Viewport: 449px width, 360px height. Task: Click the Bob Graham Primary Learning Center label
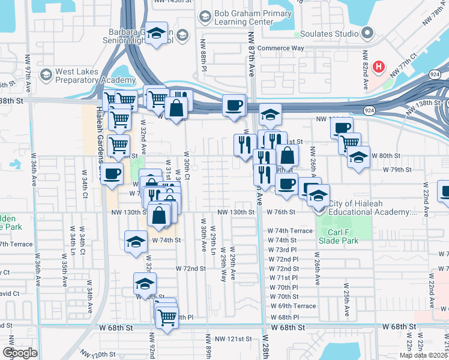247,19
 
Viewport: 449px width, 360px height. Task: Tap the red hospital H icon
378,66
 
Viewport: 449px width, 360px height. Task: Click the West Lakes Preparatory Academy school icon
46,75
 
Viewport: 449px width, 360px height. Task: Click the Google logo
20,353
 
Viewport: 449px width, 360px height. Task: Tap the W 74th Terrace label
291,231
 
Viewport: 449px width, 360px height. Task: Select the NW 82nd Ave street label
364,64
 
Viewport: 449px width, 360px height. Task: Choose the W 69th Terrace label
293,307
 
